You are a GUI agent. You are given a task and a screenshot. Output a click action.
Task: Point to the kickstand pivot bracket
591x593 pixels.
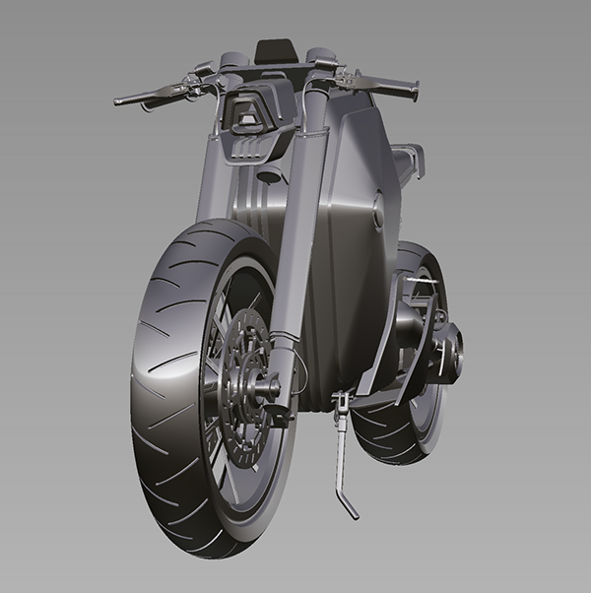341,402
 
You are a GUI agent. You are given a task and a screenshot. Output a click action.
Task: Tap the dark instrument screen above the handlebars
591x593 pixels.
275,50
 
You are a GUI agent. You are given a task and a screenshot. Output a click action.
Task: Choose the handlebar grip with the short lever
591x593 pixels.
394,88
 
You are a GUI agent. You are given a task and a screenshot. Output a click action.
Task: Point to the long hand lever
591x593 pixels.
158,92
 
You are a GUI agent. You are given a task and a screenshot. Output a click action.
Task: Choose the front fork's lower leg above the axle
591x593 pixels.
283,335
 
